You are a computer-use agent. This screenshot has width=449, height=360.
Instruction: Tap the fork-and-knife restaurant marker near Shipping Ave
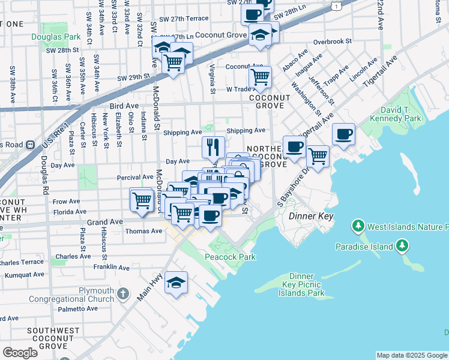coord(213,146)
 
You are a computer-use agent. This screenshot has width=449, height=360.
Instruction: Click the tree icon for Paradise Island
coord(402,246)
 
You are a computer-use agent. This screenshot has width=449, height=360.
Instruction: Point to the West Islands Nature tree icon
coord(358,227)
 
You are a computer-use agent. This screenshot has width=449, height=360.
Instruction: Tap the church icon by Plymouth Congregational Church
coord(123,294)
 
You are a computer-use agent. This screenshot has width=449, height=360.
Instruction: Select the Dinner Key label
coord(310,216)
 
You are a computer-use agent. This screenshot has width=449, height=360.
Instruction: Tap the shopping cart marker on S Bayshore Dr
coord(318,156)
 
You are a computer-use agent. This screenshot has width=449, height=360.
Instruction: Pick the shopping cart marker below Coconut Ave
coord(260,76)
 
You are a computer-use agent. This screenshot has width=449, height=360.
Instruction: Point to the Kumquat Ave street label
coord(22,274)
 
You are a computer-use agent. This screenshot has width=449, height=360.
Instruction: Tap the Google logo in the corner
coord(20,353)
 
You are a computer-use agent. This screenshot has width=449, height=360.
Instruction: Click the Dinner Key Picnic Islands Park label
coord(301,284)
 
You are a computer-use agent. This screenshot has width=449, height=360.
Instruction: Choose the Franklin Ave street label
coord(112,266)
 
